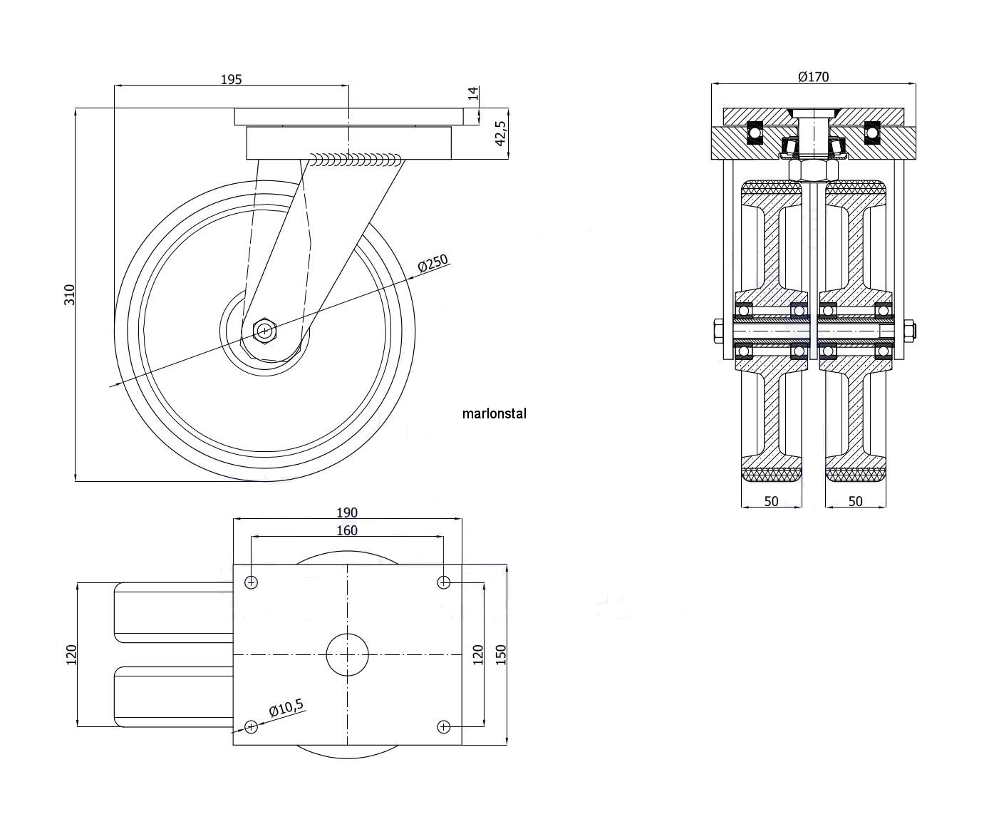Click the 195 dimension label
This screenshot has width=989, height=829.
(x=231, y=79)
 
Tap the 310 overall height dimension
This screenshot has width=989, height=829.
(x=70, y=294)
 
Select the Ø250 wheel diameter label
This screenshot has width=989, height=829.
(x=433, y=264)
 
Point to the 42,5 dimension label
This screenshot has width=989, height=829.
(x=500, y=133)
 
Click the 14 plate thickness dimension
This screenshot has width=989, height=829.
(x=474, y=93)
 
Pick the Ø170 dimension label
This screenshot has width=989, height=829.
(x=813, y=76)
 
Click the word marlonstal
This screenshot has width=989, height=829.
(x=494, y=413)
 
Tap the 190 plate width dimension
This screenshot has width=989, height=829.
(x=346, y=513)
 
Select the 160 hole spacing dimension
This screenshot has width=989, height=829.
(x=346, y=530)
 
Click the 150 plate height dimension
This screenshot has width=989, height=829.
(x=500, y=654)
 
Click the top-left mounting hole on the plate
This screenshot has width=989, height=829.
(x=251, y=582)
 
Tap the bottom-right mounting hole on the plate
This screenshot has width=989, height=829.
(x=444, y=726)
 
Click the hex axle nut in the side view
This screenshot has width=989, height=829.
(x=265, y=331)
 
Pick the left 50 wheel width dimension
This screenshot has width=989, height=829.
(x=771, y=501)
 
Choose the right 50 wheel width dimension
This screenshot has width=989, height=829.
(x=856, y=501)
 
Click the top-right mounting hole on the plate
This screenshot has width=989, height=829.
(x=444, y=582)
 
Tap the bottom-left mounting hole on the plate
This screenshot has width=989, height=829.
(x=251, y=726)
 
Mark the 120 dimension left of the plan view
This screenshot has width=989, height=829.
(x=70, y=654)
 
